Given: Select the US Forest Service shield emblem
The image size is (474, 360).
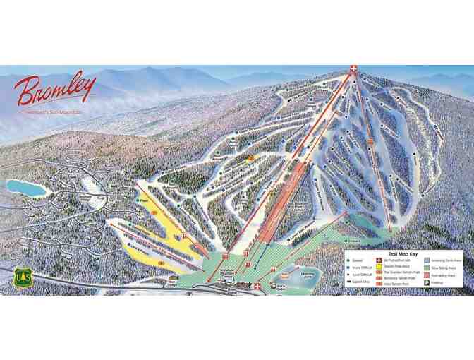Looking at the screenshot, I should click(x=23, y=277).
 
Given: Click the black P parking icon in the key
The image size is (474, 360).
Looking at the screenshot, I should click(x=427, y=282).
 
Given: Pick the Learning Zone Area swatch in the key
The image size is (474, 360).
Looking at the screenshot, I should click(x=427, y=261).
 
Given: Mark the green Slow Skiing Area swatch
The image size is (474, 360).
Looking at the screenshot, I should click(x=427, y=268).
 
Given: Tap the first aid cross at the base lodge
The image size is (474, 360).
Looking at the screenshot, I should click(x=257, y=286).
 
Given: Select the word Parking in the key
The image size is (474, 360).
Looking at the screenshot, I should click(x=440, y=282).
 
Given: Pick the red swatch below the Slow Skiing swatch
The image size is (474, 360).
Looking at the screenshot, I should click(x=427, y=275).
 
